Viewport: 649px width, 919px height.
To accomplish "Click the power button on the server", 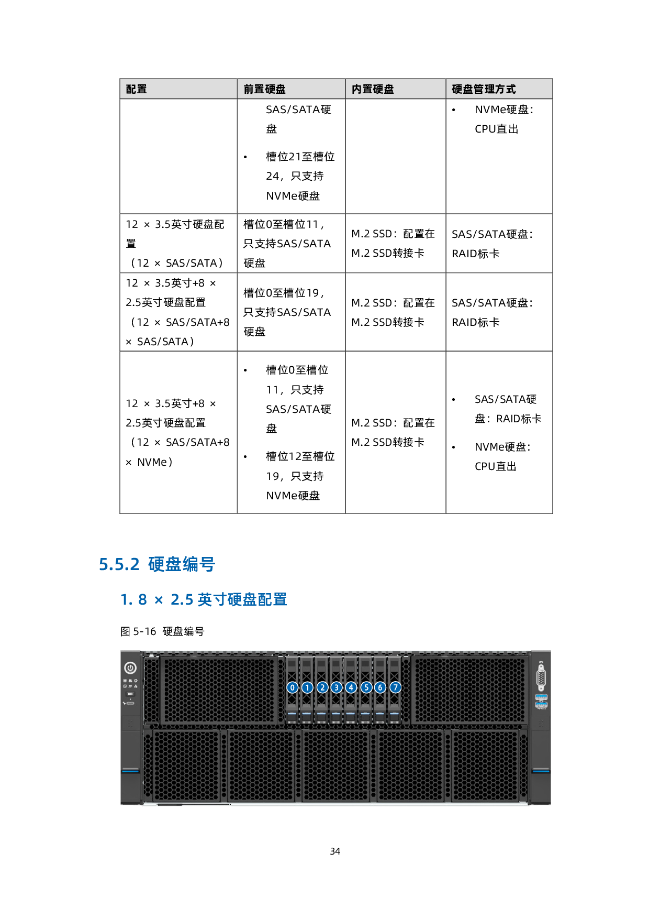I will click(x=130, y=668).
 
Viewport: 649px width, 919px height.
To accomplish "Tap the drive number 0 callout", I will click(x=293, y=687).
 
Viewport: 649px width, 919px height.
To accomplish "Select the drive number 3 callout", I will click(x=337, y=687).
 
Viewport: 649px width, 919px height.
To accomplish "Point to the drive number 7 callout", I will click(x=396, y=687).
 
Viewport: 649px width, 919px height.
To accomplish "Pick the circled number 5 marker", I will click(x=366, y=687).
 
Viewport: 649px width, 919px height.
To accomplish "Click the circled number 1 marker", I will click(x=307, y=687).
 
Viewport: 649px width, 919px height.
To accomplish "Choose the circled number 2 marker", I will click(x=322, y=687).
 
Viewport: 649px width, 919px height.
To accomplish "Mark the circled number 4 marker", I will click(x=351, y=687).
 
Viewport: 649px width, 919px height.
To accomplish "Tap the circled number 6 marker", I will click(x=381, y=687).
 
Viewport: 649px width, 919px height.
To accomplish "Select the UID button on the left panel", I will click(x=130, y=694).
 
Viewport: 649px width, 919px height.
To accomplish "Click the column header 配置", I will click(x=137, y=89).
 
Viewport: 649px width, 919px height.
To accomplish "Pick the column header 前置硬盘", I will click(x=265, y=89).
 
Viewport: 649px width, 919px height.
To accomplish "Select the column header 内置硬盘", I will click(x=373, y=89).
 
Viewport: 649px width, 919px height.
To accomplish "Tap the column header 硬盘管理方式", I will click(x=484, y=89).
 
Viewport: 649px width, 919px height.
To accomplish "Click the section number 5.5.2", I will click(x=119, y=564).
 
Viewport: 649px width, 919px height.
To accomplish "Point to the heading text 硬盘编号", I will click(x=182, y=564).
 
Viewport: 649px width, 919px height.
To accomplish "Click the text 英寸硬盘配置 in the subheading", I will click(x=242, y=599).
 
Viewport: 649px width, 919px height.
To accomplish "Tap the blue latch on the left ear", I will click(x=130, y=771).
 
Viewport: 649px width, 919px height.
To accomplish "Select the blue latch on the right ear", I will click(x=541, y=771).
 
